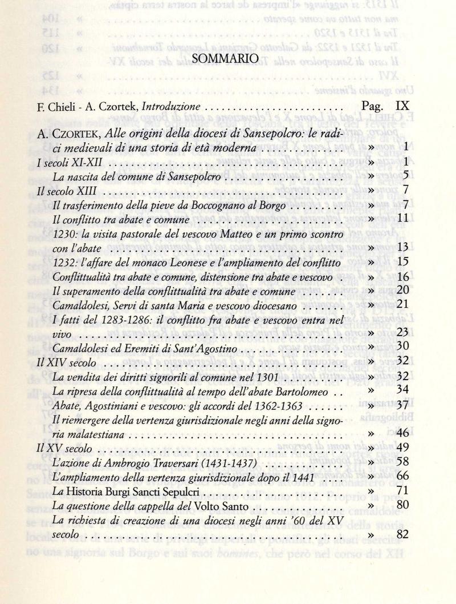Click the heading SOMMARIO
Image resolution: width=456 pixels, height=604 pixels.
[227, 59]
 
